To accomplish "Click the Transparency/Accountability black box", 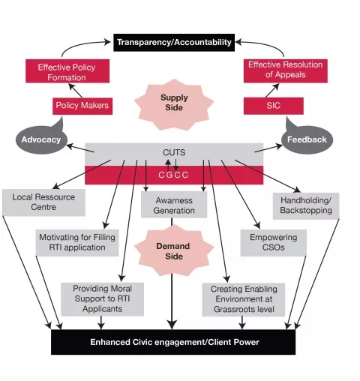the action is pyautogui.click(x=174, y=42).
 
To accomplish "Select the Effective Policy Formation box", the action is pyautogui.click(x=67, y=71).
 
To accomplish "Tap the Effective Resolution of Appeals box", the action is pyautogui.click(x=286, y=70).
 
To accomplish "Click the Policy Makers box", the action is pyautogui.click(x=82, y=106).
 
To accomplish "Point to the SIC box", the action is pyautogui.click(x=274, y=106).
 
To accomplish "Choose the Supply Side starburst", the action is pyautogui.click(x=174, y=104).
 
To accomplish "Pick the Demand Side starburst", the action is pyautogui.click(x=174, y=250).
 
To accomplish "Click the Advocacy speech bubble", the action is pyautogui.click(x=41, y=139).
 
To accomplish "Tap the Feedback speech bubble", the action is pyautogui.click(x=307, y=139).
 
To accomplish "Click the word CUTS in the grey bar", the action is pyautogui.click(x=174, y=152).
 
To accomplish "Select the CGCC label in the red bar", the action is pyautogui.click(x=173, y=175).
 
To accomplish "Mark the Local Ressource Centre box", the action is pyautogui.click(x=43, y=202).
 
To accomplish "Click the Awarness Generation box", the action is pyautogui.click(x=174, y=205).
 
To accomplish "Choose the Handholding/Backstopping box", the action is pyautogui.click(x=306, y=205).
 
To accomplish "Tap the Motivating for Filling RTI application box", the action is pyautogui.click(x=77, y=242).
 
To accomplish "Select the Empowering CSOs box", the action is pyautogui.click(x=274, y=242).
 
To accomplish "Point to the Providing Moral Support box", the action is pyautogui.click(x=102, y=299).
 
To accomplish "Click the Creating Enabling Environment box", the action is pyautogui.click(x=244, y=299).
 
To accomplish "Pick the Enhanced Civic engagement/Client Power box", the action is pyautogui.click(x=173, y=342).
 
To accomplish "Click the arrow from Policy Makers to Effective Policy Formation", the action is pyautogui.click(x=76, y=91).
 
